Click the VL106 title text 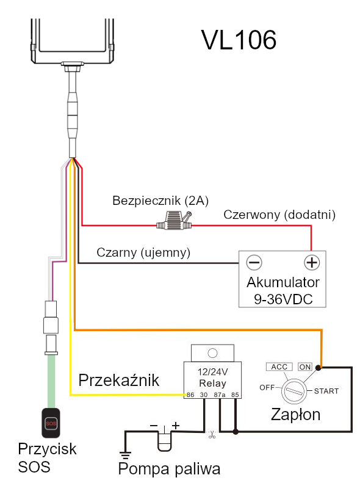(x=239, y=40)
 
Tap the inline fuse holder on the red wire (x=175, y=221)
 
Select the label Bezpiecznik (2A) (x=160, y=201)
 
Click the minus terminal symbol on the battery (x=254, y=263)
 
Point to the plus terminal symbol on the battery (x=312, y=263)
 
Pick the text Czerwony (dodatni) (x=279, y=215)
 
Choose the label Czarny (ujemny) (x=143, y=252)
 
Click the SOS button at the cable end (x=51, y=423)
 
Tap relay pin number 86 (x=190, y=395)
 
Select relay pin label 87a (x=220, y=395)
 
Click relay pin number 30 (x=204, y=395)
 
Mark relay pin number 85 (x=235, y=395)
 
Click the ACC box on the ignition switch (x=279, y=367)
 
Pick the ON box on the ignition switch (x=305, y=367)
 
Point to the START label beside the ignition (x=326, y=391)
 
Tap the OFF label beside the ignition (x=267, y=387)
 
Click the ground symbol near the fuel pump (x=125, y=455)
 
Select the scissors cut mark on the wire (x=212, y=435)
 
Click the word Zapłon (x=295, y=415)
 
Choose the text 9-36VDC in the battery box (x=283, y=299)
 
